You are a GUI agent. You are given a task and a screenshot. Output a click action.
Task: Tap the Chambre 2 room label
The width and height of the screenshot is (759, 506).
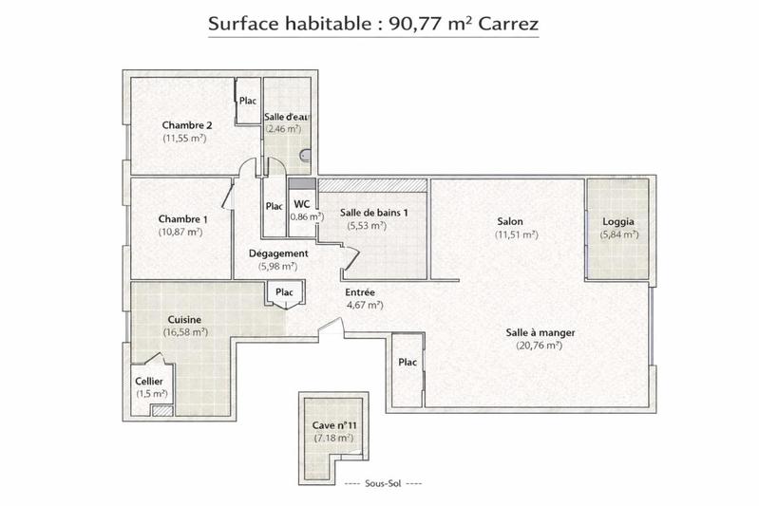point(186,125)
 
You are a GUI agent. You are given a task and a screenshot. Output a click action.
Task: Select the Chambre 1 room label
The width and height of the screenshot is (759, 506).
point(183,219)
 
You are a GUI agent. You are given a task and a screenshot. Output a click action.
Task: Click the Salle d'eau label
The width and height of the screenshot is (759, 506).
point(284,116)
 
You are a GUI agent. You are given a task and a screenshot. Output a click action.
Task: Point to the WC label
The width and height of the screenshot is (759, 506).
point(301,204)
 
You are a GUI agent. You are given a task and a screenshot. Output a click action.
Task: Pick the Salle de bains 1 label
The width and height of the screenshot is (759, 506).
point(375,213)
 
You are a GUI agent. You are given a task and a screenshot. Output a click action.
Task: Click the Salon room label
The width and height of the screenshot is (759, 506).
point(509,222)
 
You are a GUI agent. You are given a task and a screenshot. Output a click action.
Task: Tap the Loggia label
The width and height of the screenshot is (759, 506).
point(617,222)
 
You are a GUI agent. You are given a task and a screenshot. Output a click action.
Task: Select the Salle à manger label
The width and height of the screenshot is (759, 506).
point(541,332)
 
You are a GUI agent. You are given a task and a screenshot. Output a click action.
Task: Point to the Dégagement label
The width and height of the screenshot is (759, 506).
point(278,253)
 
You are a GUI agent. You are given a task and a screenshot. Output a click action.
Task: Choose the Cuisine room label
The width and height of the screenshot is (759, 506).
point(184,320)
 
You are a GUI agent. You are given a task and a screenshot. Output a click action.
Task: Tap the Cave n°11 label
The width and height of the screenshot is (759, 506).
point(332,425)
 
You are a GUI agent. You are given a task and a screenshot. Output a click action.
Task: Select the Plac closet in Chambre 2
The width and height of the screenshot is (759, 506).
point(248,102)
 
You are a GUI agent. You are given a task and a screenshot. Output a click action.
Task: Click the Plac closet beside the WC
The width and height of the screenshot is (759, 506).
point(274,206)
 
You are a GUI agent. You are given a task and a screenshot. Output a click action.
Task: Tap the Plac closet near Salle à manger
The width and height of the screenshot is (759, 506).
point(408,362)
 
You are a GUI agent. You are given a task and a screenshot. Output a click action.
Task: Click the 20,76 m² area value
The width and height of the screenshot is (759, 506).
point(540,346)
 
